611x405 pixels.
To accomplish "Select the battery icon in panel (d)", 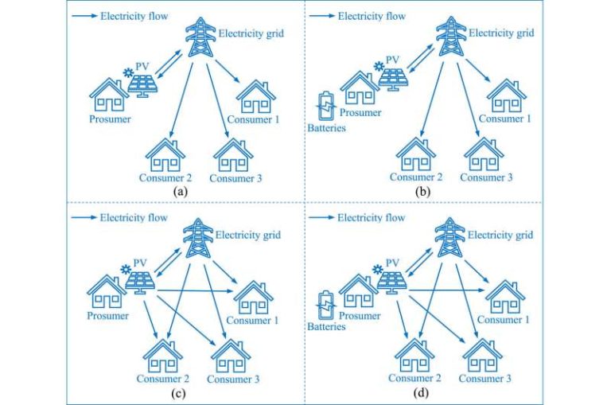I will click(325, 304).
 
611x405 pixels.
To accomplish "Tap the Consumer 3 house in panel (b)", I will click(483, 154).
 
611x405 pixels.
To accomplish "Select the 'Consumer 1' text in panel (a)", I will click(255, 121).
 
